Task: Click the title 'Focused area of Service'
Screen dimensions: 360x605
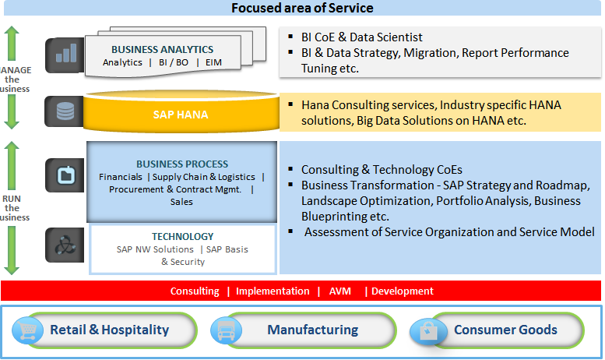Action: point(302,9)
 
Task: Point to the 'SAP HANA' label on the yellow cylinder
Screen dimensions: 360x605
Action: point(180,115)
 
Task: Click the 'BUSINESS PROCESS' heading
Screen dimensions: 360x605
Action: point(182,164)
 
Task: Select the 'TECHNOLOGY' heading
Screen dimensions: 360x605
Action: point(183,236)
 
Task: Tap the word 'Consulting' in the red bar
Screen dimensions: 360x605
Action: point(195,291)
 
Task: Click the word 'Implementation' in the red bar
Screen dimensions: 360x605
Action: point(273,291)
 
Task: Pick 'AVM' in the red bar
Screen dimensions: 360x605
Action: point(340,291)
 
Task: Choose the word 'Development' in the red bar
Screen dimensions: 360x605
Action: point(403,291)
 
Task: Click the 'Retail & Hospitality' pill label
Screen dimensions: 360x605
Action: point(109,330)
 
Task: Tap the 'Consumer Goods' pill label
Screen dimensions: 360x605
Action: point(506,330)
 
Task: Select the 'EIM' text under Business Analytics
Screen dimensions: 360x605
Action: point(214,62)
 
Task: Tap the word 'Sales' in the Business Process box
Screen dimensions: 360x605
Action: point(181,202)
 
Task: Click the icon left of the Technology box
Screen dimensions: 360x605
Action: point(65,245)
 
